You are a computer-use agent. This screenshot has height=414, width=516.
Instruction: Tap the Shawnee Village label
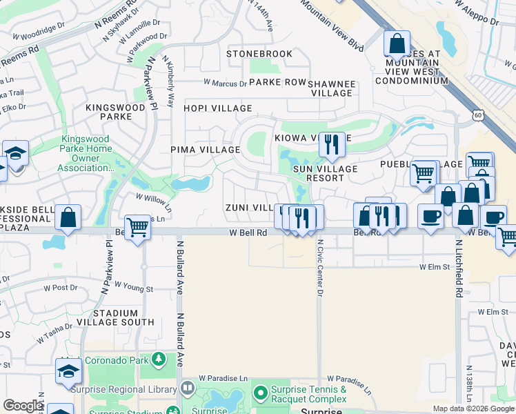click(332, 88)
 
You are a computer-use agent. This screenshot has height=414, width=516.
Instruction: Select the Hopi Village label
click(217, 108)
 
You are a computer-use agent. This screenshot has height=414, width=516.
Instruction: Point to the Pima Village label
click(205, 150)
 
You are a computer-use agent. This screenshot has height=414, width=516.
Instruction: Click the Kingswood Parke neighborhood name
click(115, 112)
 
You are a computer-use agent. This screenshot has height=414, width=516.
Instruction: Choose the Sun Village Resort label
click(325, 173)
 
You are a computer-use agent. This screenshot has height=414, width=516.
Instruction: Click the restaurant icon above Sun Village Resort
click(332, 145)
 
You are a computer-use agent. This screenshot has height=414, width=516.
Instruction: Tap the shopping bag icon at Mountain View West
click(397, 45)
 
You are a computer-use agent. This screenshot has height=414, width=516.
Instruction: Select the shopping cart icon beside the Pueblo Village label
click(424, 172)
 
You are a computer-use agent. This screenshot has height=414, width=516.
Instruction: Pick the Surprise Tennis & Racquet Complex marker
click(260, 394)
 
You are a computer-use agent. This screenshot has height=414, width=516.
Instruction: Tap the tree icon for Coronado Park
click(159, 359)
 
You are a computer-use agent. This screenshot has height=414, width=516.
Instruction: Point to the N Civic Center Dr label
click(320, 267)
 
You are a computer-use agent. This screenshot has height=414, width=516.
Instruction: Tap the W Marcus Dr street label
click(225, 83)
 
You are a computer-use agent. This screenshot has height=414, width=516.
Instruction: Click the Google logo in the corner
click(23, 405)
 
